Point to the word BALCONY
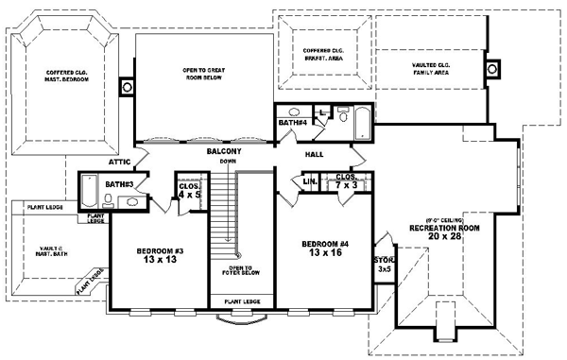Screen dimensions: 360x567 pos(224,151)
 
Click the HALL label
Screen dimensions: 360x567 pos(315,154)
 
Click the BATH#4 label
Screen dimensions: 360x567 pos(291,123)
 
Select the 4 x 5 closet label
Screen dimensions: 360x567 pos(189,191)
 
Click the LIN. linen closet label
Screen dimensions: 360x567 pos(309,180)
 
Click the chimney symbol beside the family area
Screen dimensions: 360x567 pos(492,69)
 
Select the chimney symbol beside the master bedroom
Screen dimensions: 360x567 pos(127,88)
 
